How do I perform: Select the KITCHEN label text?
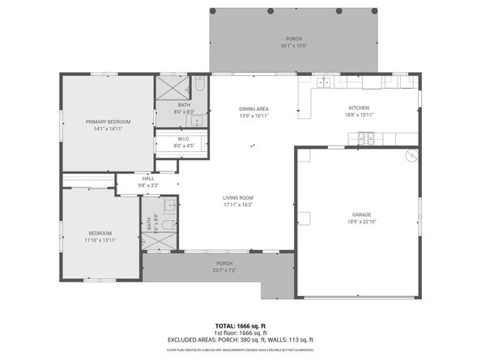click(359, 108)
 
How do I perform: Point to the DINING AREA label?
click(253, 108)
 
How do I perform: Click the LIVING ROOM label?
click(239, 197)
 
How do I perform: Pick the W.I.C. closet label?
click(184, 139)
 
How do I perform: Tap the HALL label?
click(148, 179)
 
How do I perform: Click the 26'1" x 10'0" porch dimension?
click(293, 45)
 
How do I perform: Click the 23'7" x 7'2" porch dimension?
click(224, 270)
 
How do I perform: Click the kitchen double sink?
click(325, 82)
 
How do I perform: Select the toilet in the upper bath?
click(198, 84)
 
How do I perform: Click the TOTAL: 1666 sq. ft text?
click(240, 325)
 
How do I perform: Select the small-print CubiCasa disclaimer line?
click(240, 350)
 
